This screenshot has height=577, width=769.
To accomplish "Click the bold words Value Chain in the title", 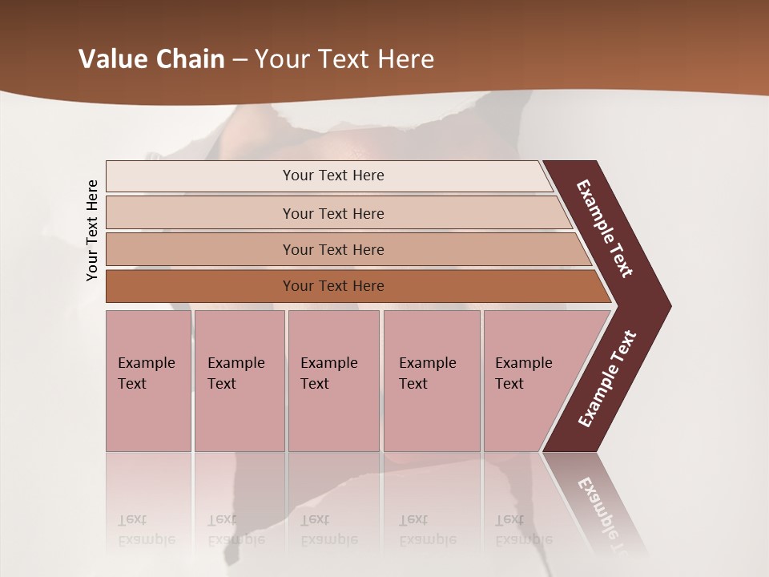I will pos(151,59).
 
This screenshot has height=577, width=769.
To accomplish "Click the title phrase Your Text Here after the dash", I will pos(344,59).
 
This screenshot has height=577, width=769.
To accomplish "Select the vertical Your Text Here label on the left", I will pos(92,230).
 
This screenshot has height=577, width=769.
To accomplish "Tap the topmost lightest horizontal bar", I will pos(332,176).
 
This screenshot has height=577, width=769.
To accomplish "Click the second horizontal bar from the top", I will pos(332,213).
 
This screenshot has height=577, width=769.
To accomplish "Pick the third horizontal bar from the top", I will pos(332,249).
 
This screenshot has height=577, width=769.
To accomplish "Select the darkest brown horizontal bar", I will pos(332,286).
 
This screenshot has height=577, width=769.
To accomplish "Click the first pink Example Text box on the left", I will pos(148,381).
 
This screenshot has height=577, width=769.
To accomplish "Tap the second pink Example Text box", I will pos(239,381).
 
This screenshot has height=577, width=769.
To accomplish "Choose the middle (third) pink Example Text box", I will pos(333,381).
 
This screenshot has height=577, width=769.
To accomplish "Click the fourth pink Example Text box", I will pos(431,381).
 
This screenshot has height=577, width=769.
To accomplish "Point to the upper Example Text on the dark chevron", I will pos(605,228).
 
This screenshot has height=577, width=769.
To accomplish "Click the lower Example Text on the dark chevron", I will pos(607,379).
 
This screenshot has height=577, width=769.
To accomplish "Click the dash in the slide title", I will pos(240,60).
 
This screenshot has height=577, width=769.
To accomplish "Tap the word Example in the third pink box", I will pos(328,363).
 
